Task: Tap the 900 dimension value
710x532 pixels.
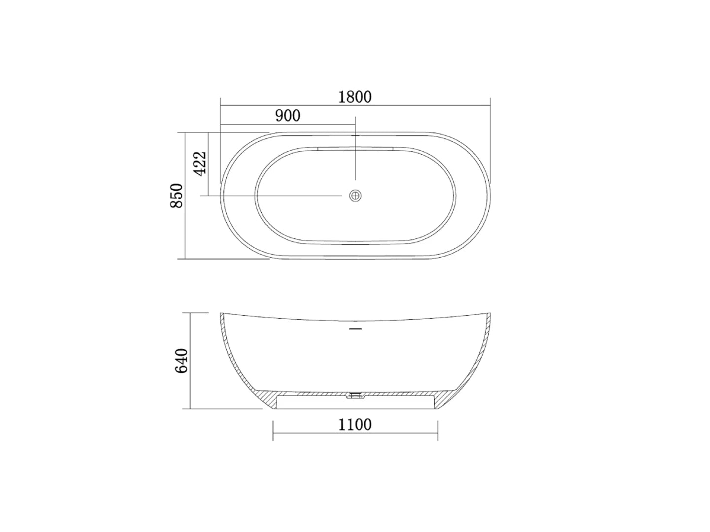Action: coord(287,116)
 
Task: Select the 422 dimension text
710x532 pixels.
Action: coord(200,163)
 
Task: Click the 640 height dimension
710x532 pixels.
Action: coord(181,361)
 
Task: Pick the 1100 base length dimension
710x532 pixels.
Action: coord(355,424)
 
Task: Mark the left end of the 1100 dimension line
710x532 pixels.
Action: coord(273,433)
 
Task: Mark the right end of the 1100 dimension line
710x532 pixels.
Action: coord(438,433)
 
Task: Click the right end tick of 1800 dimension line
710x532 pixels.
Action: coord(490,105)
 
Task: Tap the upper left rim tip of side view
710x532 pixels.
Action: coord(221,314)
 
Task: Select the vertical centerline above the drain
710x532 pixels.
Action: coord(355,158)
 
